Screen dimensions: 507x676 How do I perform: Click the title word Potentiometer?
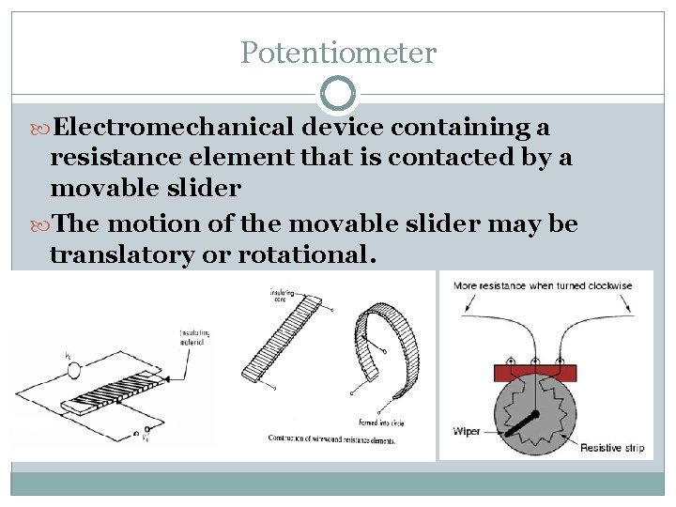[338, 53]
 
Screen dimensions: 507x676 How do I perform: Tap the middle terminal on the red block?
[534, 361]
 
